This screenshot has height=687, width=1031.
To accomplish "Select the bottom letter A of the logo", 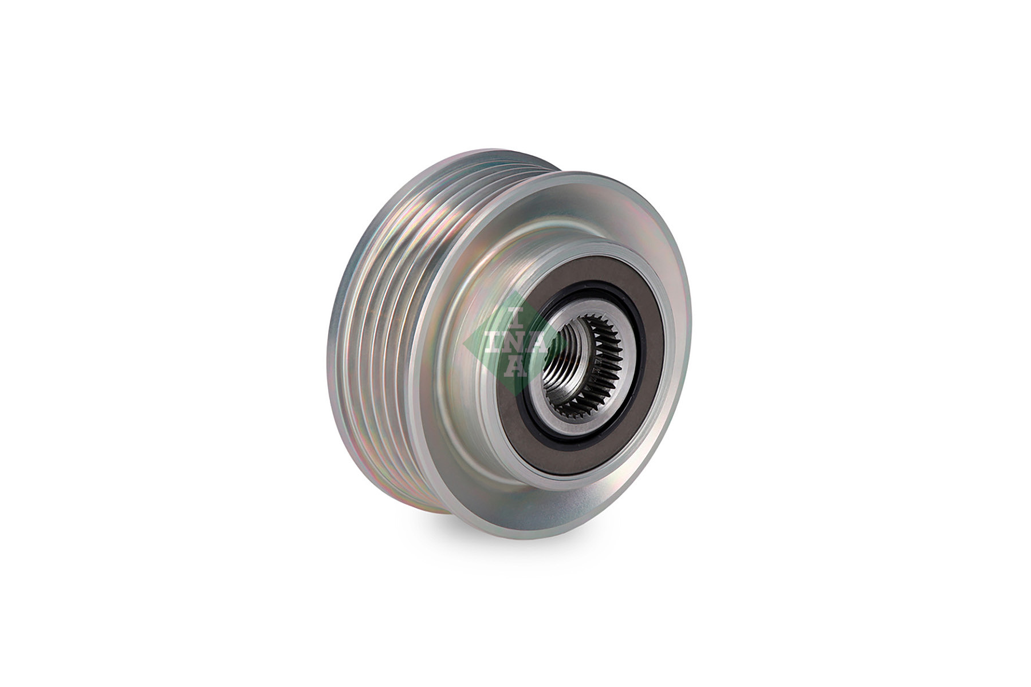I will coord(517,367).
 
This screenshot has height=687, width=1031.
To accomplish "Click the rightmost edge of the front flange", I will coord(691,343).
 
